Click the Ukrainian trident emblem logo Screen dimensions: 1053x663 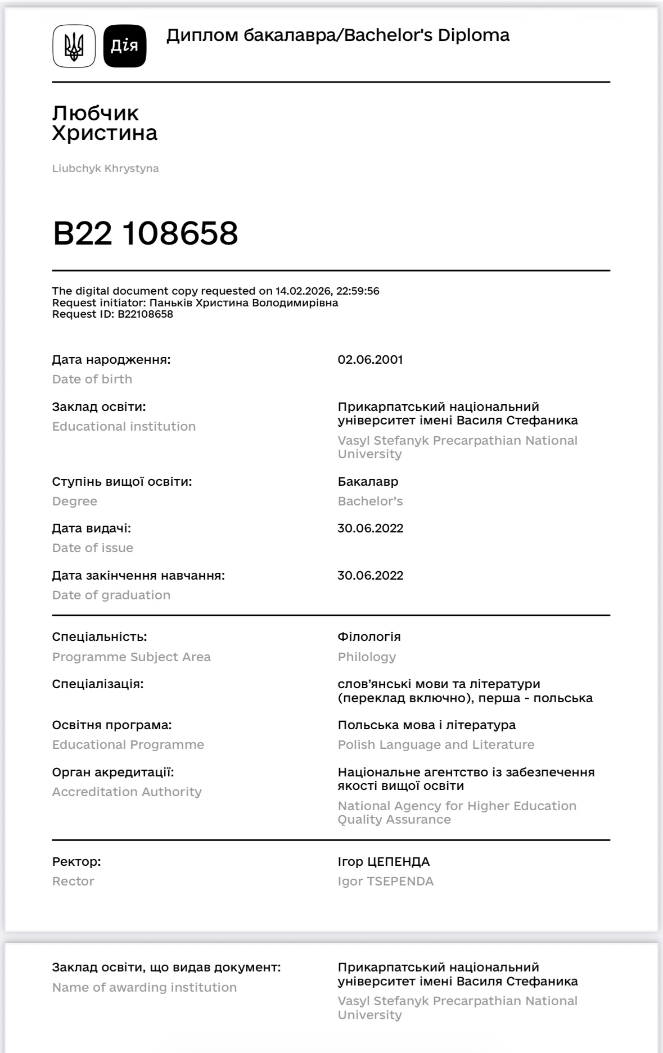coord(74,46)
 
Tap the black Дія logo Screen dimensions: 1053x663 coord(125,46)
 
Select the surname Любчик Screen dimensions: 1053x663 coord(96,113)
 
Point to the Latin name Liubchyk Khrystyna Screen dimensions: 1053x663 coord(105,168)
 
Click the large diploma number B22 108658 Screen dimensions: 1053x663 coord(145,233)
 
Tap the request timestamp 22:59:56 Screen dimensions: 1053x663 coord(358,291)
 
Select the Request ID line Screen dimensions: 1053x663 coord(112,314)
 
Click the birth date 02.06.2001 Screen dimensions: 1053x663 coord(370,359)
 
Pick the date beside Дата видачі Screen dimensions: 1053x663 coord(370,528)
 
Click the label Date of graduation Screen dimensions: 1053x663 coord(111,595)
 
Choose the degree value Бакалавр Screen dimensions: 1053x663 coord(368,481)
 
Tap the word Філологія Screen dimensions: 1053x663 coord(369,636)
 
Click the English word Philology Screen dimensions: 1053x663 coord(367,657)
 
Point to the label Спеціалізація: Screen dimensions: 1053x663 coord(98,684)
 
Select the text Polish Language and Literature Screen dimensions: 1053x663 coord(436,744)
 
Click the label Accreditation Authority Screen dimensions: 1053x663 coord(127,792)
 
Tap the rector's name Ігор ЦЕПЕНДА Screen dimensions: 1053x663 coord(384,861)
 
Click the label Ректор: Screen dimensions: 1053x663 coord(76,861)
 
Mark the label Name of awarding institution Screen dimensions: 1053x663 coord(144,987)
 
